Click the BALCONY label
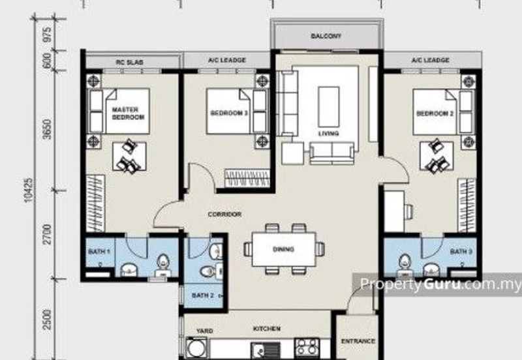326,36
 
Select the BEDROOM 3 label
229,113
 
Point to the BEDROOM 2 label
435,113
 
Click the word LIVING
329,134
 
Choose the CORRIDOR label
224,215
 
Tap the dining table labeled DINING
284,249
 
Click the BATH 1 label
99,252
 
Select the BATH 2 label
203,295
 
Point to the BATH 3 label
461,252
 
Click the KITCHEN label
267,329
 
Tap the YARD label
205,331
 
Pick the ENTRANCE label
358,341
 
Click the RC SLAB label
129,62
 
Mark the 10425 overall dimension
29,190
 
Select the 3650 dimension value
48,129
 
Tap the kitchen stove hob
307,347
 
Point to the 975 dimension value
48,35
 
